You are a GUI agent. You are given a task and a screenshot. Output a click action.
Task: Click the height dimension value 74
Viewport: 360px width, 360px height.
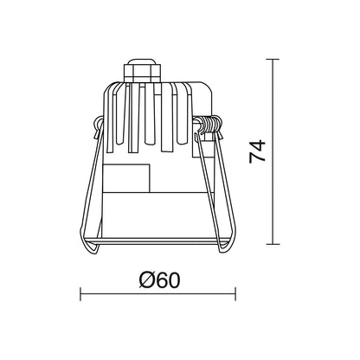257,151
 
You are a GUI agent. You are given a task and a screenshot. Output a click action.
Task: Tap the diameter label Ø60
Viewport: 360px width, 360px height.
159,280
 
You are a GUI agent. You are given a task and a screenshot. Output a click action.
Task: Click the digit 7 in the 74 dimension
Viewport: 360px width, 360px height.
257,158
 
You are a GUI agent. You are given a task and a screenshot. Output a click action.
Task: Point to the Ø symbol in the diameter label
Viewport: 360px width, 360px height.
147,280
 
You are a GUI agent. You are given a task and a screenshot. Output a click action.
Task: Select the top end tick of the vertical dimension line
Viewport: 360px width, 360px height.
273,59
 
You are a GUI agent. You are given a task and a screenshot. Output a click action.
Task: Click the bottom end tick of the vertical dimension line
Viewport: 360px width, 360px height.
273,244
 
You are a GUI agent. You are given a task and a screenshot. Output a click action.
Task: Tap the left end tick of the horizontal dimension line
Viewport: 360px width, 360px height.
80,294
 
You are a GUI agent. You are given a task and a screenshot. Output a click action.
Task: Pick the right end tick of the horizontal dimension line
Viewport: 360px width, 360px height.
235,294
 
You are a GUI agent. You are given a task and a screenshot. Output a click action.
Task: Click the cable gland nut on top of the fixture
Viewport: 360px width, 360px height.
142,74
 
